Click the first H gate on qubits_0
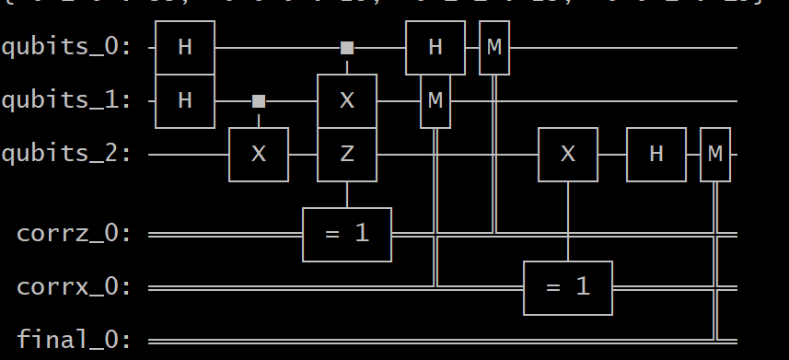pos(184,47)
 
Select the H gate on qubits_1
pos(184,100)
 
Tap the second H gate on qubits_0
pos(435,47)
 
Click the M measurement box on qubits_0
pos(494,47)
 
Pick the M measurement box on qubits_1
pos(435,100)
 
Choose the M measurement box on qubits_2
pos(715,155)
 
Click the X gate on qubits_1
pos(347,100)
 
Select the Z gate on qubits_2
pos(347,155)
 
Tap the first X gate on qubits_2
pos(259,155)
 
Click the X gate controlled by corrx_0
pos(568,155)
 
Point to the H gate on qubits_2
pos(656,155)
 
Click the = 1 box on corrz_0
pos(347,234)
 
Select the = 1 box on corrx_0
pos(568,287)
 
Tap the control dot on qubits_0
pos(347,47)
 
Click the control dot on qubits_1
pos(259,100)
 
